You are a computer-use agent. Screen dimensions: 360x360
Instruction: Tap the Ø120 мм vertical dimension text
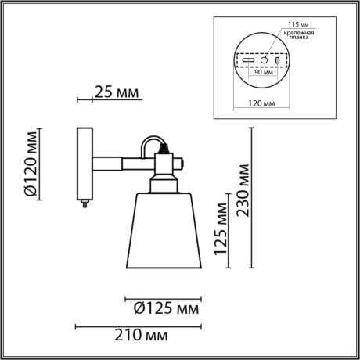30,166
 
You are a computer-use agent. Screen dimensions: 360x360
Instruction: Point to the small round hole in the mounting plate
264,60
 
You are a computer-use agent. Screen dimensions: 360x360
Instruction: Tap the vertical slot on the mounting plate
276,60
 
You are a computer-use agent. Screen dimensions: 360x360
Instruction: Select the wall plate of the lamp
84,163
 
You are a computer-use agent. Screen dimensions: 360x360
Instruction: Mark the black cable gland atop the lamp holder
163,146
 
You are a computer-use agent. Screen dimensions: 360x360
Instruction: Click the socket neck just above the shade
164,185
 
